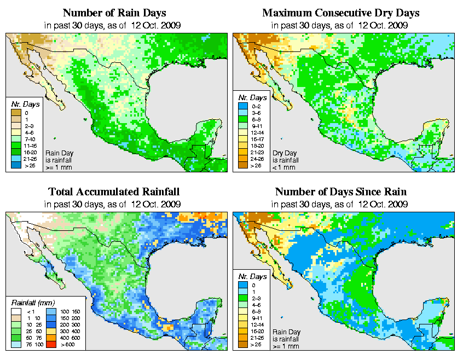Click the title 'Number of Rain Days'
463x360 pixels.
pos(114,13)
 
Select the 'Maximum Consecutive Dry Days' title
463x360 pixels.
pos(341,13)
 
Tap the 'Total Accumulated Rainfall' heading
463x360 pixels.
pos(114,192)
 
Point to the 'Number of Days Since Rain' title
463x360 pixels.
pos(341,192)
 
